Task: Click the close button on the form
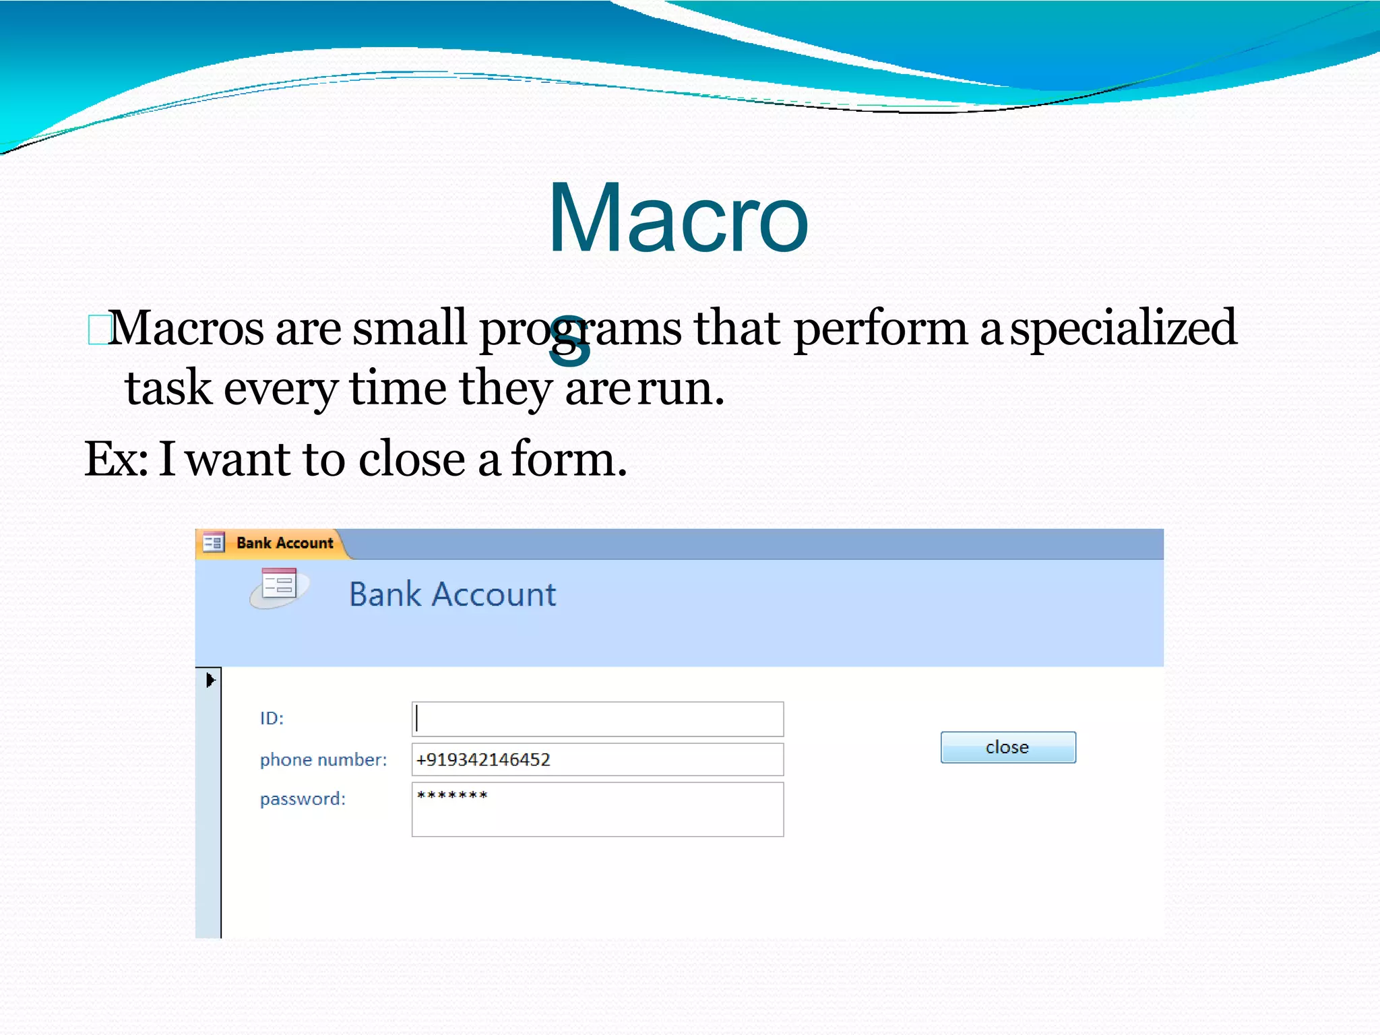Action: [x=1007, y=747]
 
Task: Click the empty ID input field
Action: [x=597, y=719]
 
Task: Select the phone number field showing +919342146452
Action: [x=597, y=759]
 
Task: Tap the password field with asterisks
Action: [x=597, y=809]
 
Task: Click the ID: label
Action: [x=272, y=718]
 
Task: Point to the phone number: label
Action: [x=323, y=759]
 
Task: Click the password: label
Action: [x=303, y=799]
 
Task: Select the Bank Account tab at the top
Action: [x=284, y=543]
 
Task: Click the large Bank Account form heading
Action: [x=452, y=594]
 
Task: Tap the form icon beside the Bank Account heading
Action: [x=279, y=586]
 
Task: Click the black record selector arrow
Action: [x=210, y=680]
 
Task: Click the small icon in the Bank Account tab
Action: [x=214, y=542]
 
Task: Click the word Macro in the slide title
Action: [x=677, y=219]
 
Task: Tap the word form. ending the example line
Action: [x=569, y=459]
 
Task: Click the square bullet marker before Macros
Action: [x=98, y=330]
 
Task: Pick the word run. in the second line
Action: [x=681, y=389]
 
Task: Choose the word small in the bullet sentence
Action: [x=409, y=327]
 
